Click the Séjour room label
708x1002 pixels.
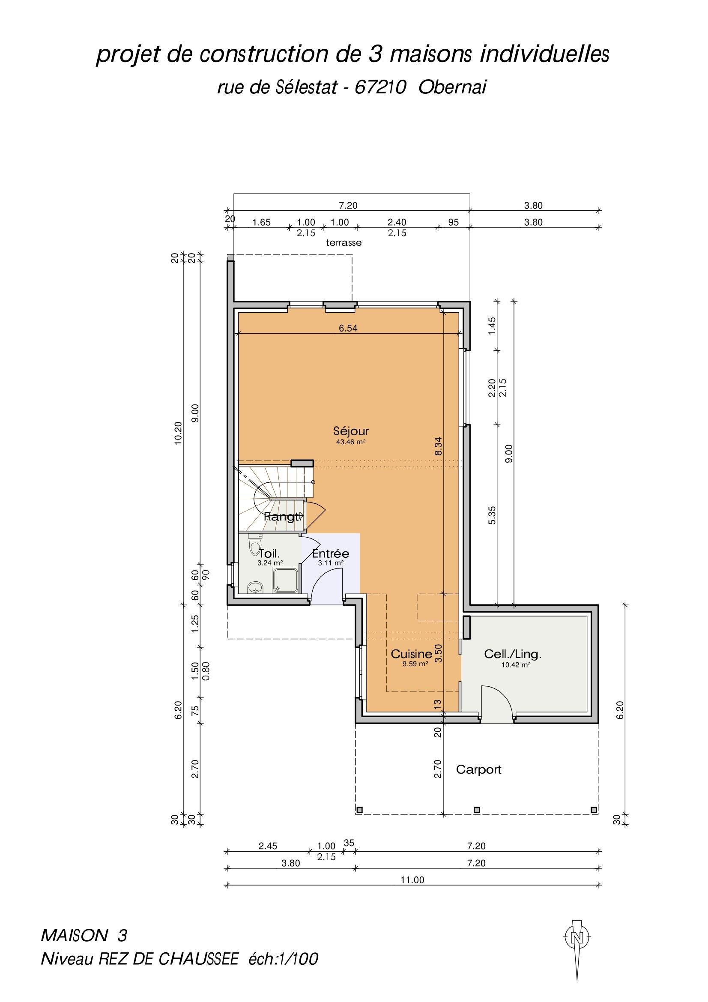coord(351,431)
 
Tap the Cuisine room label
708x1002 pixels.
coord(411,654)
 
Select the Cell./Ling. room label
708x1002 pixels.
coord(513,654)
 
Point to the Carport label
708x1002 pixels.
coord(478,770)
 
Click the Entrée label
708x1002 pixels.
coord(331,553)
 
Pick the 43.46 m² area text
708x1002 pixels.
coord(351,442)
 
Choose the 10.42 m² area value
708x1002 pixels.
coord(516,665)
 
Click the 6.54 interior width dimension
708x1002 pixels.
coord(348,328)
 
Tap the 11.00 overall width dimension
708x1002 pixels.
coord(412,880)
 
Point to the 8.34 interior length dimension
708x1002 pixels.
coord(439,446)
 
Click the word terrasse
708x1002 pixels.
coord(344,242)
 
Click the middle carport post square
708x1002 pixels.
coord(477,810)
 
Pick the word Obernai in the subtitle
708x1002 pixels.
coord(452,87)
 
